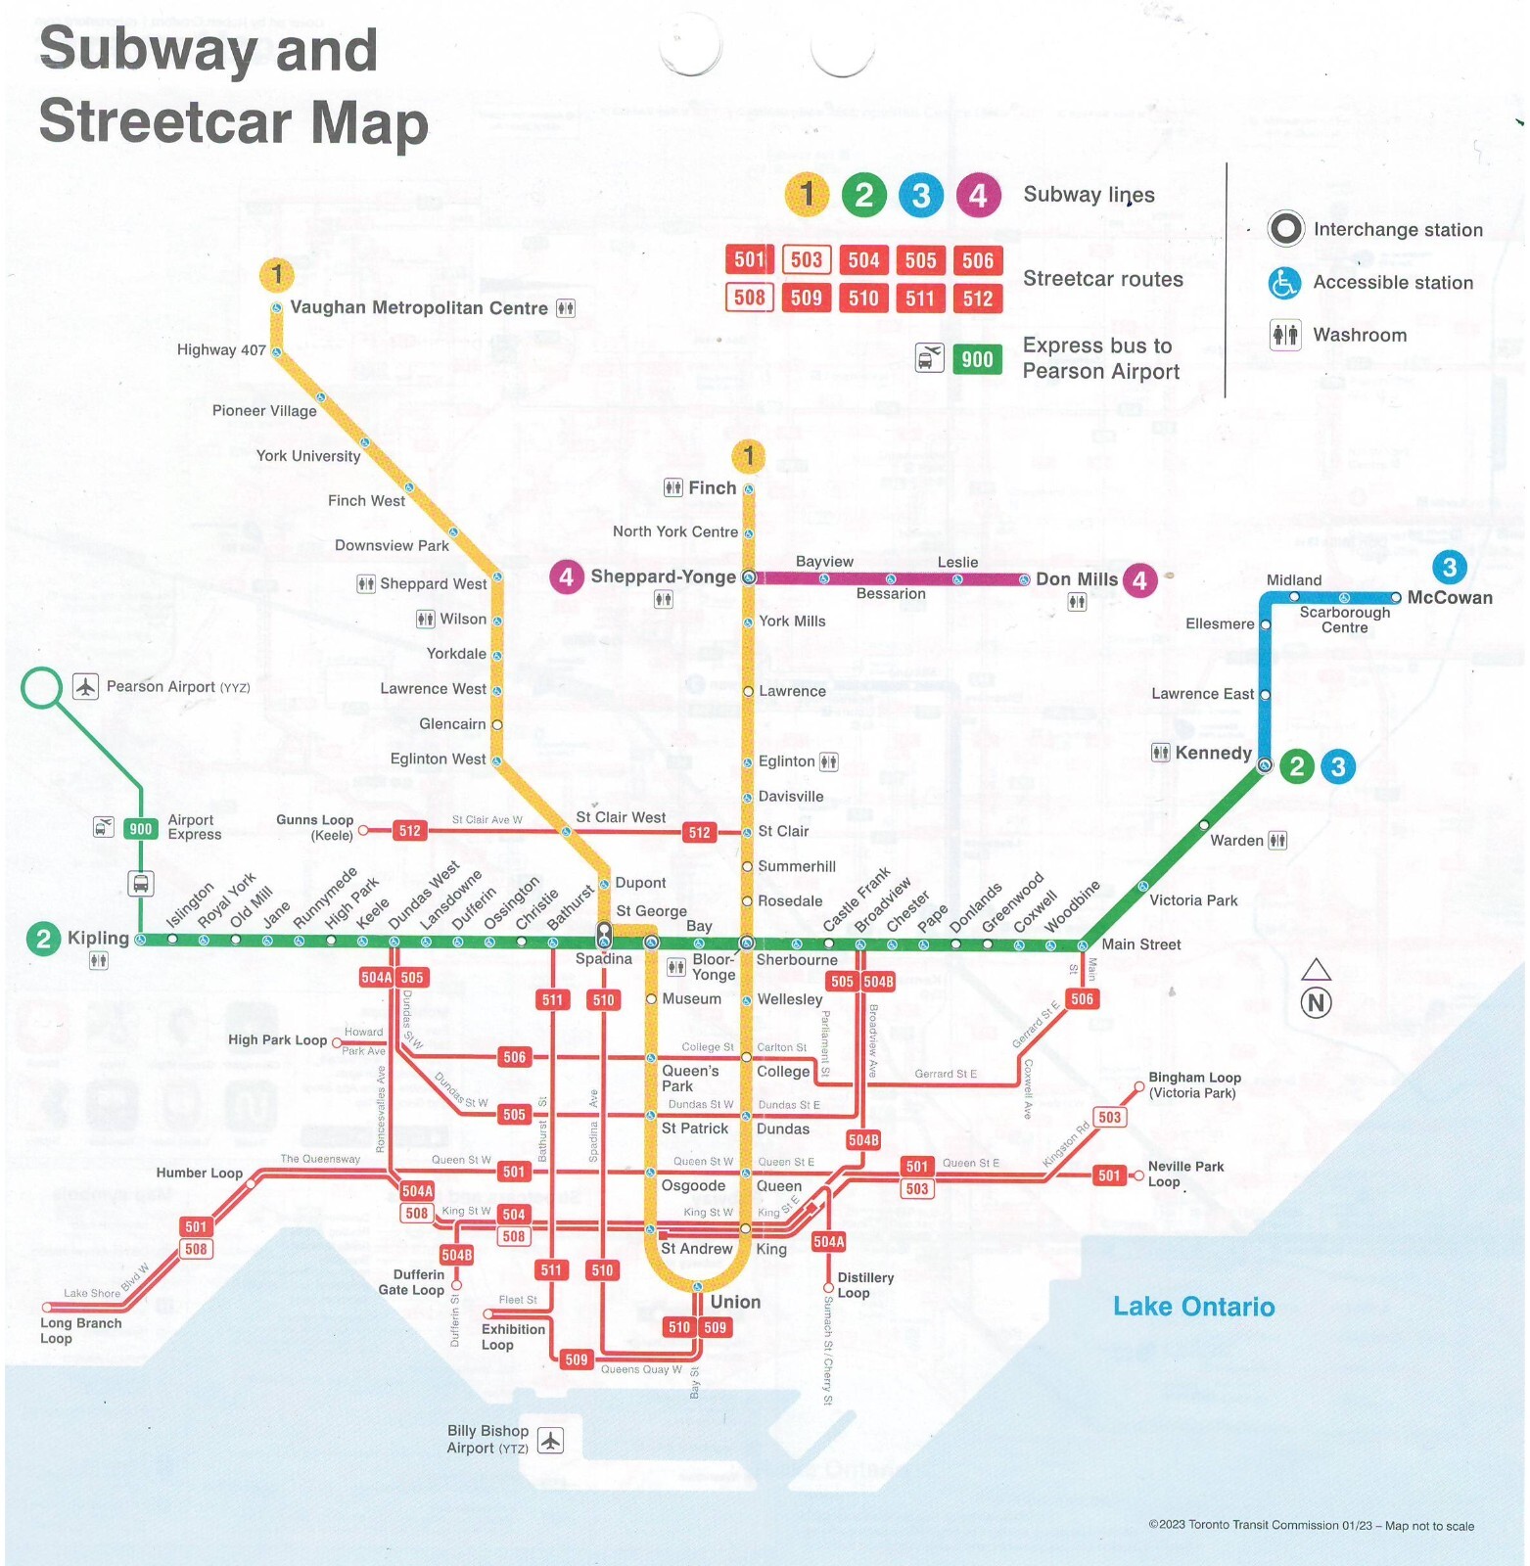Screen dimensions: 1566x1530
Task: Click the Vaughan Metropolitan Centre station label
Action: [x=419, y=307]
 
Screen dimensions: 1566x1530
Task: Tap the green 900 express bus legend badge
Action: [x=976, y=359]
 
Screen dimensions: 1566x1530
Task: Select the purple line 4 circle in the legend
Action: [x=977, y=196]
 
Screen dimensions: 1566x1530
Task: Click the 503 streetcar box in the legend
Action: [x=806, y=260]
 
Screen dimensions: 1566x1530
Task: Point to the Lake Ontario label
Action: [x=1192, y=1307]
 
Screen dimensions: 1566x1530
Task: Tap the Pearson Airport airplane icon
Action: [x=85, y=686]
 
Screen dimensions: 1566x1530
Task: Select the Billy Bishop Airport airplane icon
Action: [x=550, y=1440]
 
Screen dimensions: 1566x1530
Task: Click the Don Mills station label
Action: [x=1076, y=579]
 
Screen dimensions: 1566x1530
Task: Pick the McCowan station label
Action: [x=1449, y=597]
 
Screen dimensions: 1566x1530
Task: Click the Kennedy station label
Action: [x=1213, y=753]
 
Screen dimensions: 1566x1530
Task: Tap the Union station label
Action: [x=735, y=1302]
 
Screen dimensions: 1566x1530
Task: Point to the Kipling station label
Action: [x=98, y=938]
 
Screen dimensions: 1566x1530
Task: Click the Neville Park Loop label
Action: [x=1185, y=1174]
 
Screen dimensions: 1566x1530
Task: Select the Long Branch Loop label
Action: [x=80, y=1330]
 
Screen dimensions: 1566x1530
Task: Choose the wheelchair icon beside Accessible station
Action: [x=1283, y=283]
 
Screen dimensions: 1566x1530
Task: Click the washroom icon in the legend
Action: [x=1284, y=335]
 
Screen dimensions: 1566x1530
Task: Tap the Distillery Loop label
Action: [x=865, y=1285]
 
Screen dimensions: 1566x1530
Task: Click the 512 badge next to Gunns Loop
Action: [x=409, y=831]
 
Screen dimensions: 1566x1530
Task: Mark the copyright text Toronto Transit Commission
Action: [x=1311, y=1525]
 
